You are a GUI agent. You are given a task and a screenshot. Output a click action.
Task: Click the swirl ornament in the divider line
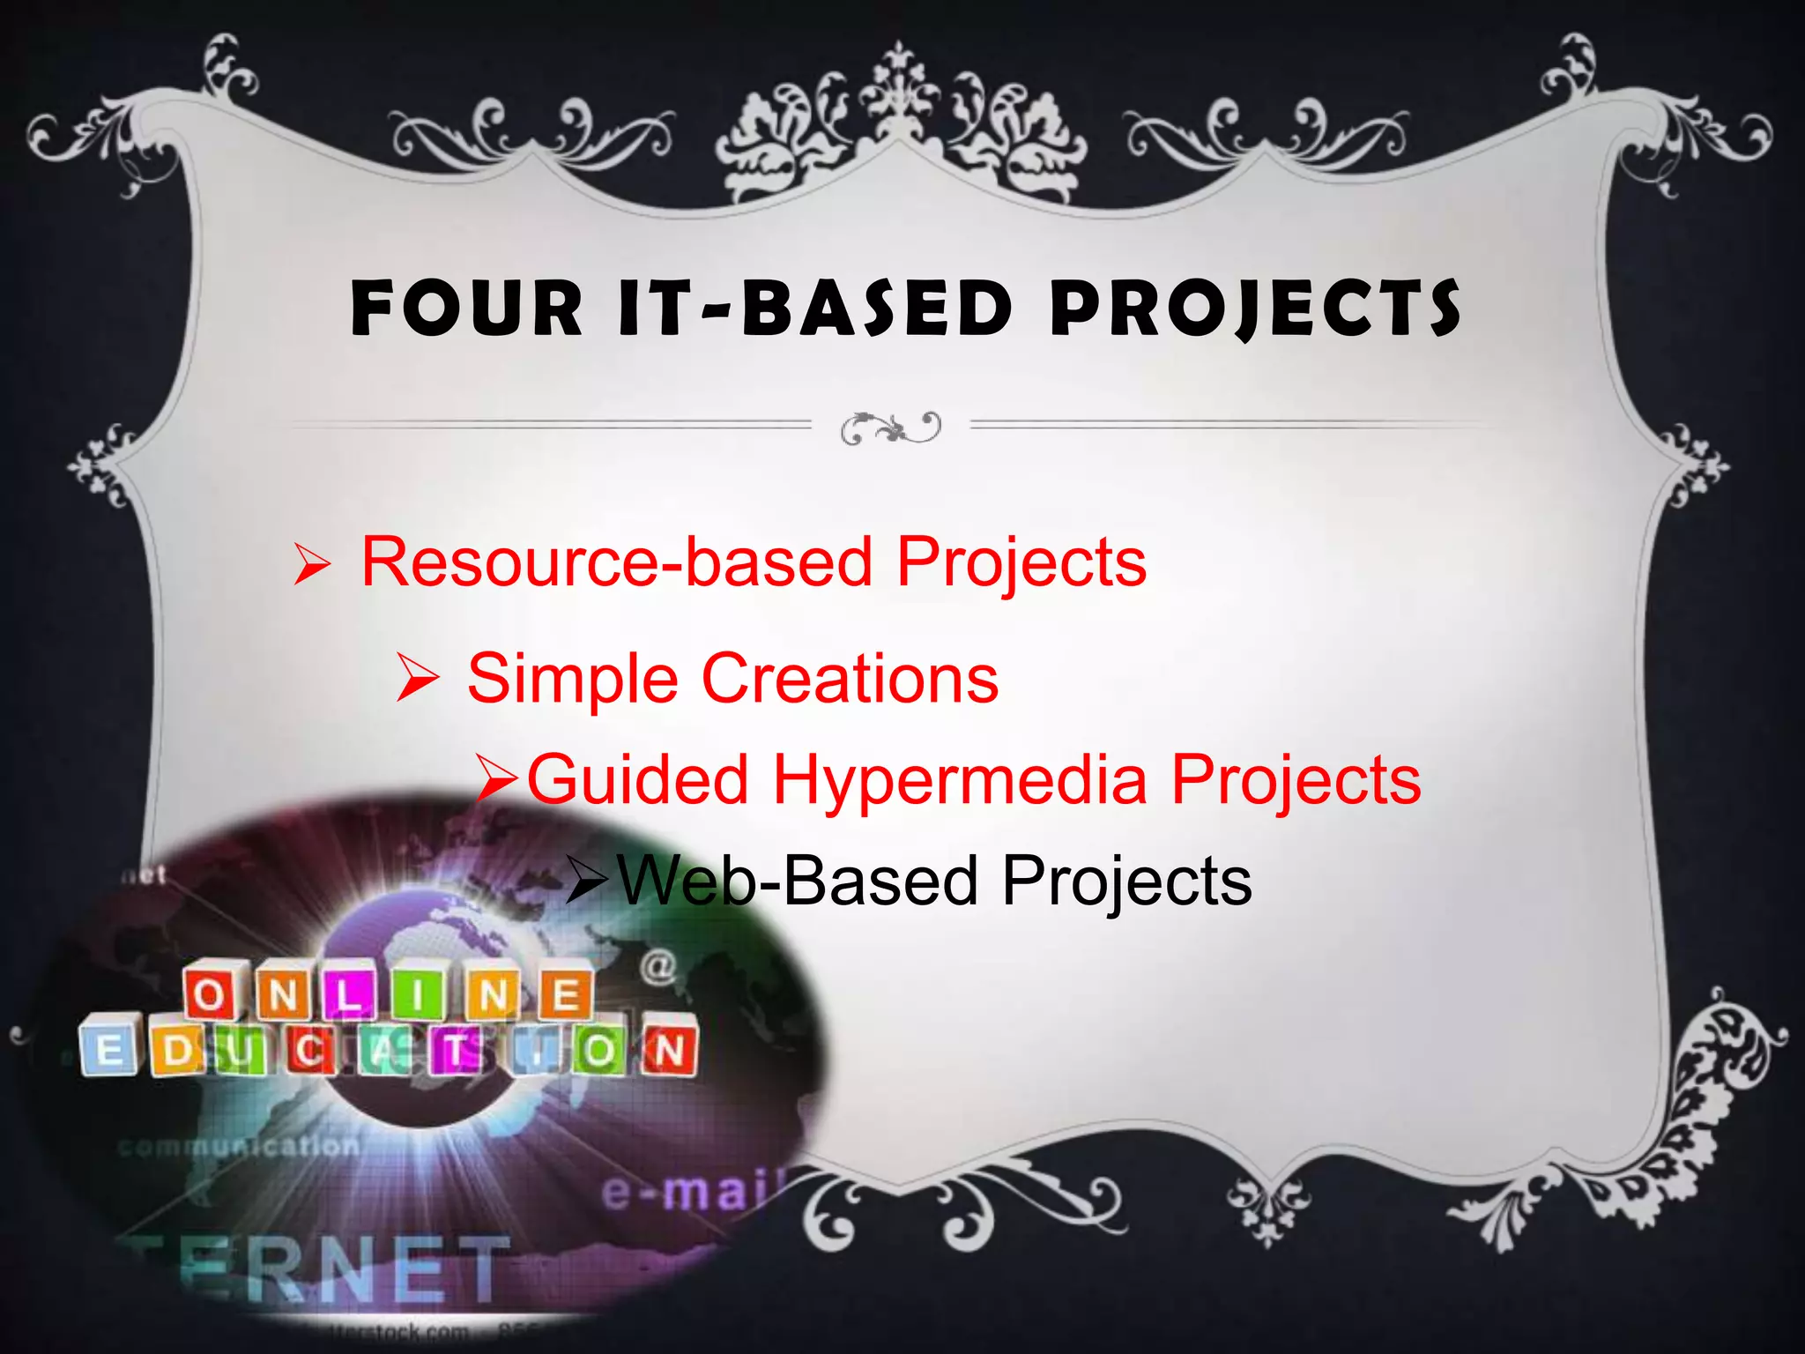click(x=890, y=428)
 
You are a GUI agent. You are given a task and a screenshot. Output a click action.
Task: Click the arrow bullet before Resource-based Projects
click(x=312, y=564)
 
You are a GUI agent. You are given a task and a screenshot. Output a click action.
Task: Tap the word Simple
click(x=572, y=678)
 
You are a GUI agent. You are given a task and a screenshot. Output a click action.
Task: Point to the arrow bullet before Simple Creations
click(x=417, y=678)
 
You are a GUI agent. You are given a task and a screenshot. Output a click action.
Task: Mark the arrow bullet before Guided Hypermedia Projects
click(x=498, y=779)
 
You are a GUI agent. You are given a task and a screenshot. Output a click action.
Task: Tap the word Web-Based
click(x=798, y=881)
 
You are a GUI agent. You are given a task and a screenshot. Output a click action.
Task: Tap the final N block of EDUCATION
click(x=670, y=1051)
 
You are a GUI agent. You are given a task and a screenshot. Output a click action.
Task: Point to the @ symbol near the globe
click(x=658, y=966)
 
